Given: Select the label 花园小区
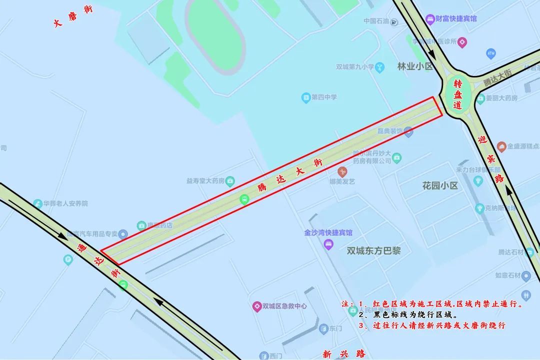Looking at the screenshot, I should [x=440, y=185].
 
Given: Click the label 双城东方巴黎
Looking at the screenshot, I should [x=373, y=250].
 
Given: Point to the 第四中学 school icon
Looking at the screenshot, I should [x=306, y=97].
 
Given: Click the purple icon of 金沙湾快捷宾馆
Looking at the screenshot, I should [x=328, y=244].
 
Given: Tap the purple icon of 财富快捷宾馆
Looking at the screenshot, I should [x=429, y=19].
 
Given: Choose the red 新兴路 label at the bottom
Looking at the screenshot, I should [x=344, y=354].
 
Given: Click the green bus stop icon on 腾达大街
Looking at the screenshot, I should [x=244, y=199].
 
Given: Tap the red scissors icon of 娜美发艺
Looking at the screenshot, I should [x=342, y=171].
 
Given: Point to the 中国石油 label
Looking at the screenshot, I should [x=376, y=21].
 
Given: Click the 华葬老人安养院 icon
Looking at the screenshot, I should [x=37, y=203].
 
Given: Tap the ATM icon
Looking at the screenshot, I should [x=490, y=52].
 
